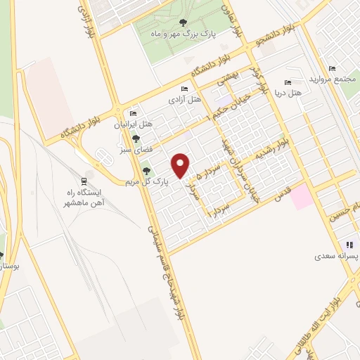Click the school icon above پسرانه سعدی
point(348,245)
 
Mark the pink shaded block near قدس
point(304,195)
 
